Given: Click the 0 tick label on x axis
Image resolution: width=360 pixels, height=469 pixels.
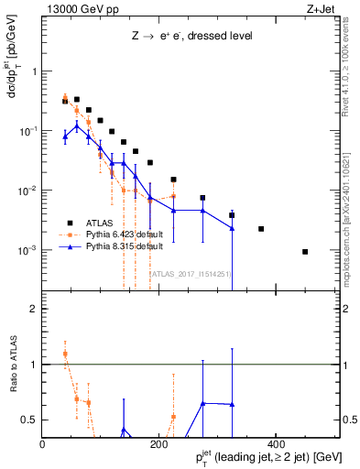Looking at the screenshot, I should pos(43,443).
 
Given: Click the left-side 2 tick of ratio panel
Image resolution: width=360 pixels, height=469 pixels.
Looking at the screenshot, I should pos(33,309).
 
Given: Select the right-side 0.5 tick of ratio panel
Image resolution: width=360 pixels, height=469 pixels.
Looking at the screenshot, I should pos(348,420).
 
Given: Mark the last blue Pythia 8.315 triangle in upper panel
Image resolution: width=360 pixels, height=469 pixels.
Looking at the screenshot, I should pos(232,229).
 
